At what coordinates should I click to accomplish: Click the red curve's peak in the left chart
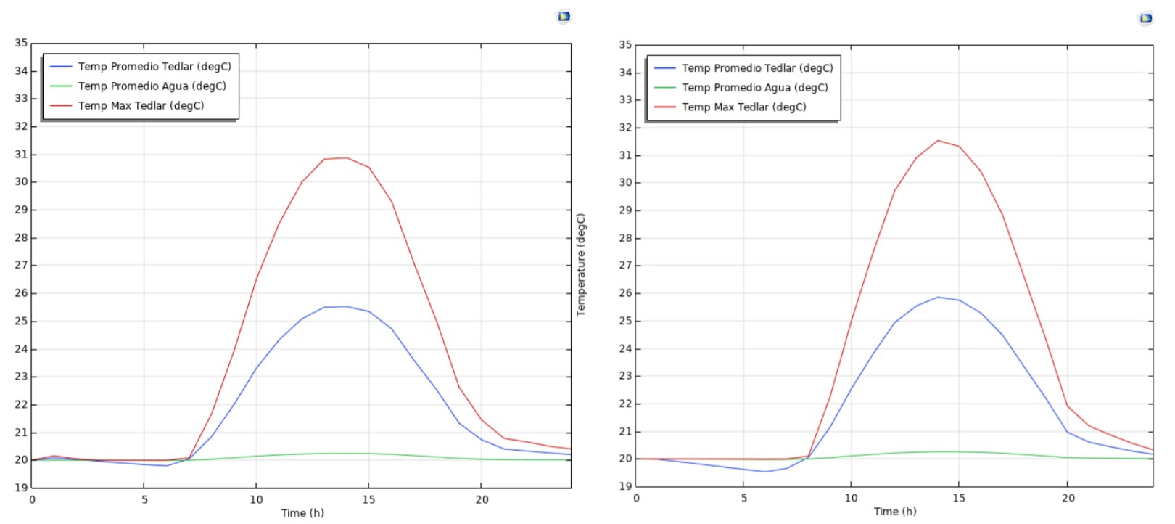[346, 157]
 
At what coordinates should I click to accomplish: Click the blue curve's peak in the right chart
[938, 297]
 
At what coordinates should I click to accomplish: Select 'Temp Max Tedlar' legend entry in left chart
[141, 106]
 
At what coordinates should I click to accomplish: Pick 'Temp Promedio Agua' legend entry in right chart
[754, 88]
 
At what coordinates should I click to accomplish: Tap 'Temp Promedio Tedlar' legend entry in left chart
[154, 67]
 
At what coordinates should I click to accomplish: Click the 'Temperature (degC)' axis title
[581, 265]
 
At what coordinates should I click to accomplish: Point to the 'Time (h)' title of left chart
[302, 513]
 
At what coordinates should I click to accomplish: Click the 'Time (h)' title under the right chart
[895, 512]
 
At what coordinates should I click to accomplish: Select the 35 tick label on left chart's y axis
[21, 43]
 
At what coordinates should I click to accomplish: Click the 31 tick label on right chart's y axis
[625, 155]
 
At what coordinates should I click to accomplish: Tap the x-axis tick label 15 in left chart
[368, 499]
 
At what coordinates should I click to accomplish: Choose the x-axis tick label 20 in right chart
[1068, 498]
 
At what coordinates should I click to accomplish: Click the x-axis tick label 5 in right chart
[744, 498]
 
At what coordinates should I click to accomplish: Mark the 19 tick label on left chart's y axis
[21, 488]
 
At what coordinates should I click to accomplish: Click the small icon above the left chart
[564, 16]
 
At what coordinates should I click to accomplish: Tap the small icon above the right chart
[1146, 18]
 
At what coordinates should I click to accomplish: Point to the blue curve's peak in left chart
[346, 306]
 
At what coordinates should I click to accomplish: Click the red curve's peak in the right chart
[938, 141]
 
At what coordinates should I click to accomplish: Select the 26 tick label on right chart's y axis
[625, 293]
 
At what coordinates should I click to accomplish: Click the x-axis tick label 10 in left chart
[256, 499]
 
